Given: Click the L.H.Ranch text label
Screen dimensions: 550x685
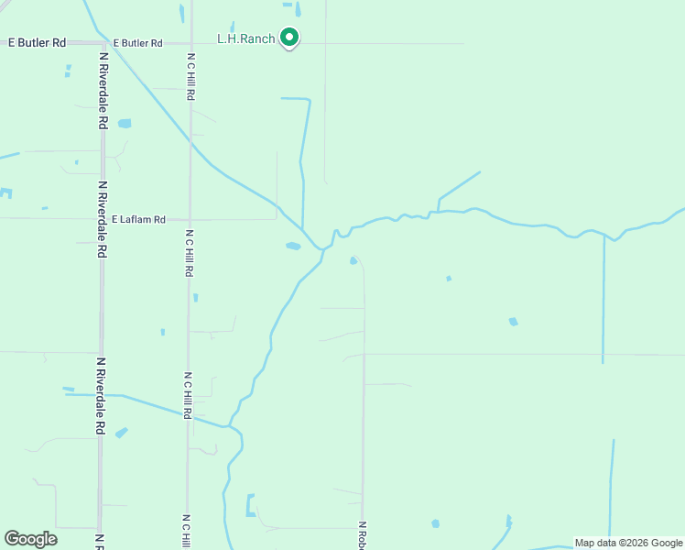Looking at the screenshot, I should click(245, 38).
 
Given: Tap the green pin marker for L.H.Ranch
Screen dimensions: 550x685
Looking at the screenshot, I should click(290, 38).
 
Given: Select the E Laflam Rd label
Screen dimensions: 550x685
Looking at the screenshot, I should click(138, 220).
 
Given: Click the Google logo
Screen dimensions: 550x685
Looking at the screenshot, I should click(30, 538).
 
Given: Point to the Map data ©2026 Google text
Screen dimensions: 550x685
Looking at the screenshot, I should click(628, 543).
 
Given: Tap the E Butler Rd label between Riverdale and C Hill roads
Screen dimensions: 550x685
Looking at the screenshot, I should click(138, 43).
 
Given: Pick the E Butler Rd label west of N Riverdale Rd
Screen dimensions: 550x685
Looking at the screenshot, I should click(37, 43).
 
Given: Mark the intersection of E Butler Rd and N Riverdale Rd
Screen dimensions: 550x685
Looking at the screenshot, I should click(100, 43).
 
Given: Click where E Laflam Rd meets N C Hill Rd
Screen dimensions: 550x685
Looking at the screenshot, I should click(190, 219).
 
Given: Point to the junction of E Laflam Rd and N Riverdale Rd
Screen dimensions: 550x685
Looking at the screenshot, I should click(101, 219).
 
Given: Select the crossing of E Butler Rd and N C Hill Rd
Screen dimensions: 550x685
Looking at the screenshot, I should click(190, 43).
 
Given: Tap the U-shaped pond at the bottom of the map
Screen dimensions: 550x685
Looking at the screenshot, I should click(250, 506).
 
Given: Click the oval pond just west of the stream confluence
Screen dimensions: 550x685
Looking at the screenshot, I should click(293, 246).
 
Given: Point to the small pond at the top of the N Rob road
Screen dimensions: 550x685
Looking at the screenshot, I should click(353, 260).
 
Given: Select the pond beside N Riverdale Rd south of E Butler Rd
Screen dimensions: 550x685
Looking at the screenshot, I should click(125, 123).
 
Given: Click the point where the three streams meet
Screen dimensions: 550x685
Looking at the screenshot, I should click(322, 248).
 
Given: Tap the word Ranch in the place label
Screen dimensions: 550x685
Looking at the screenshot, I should click(258, 38).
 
